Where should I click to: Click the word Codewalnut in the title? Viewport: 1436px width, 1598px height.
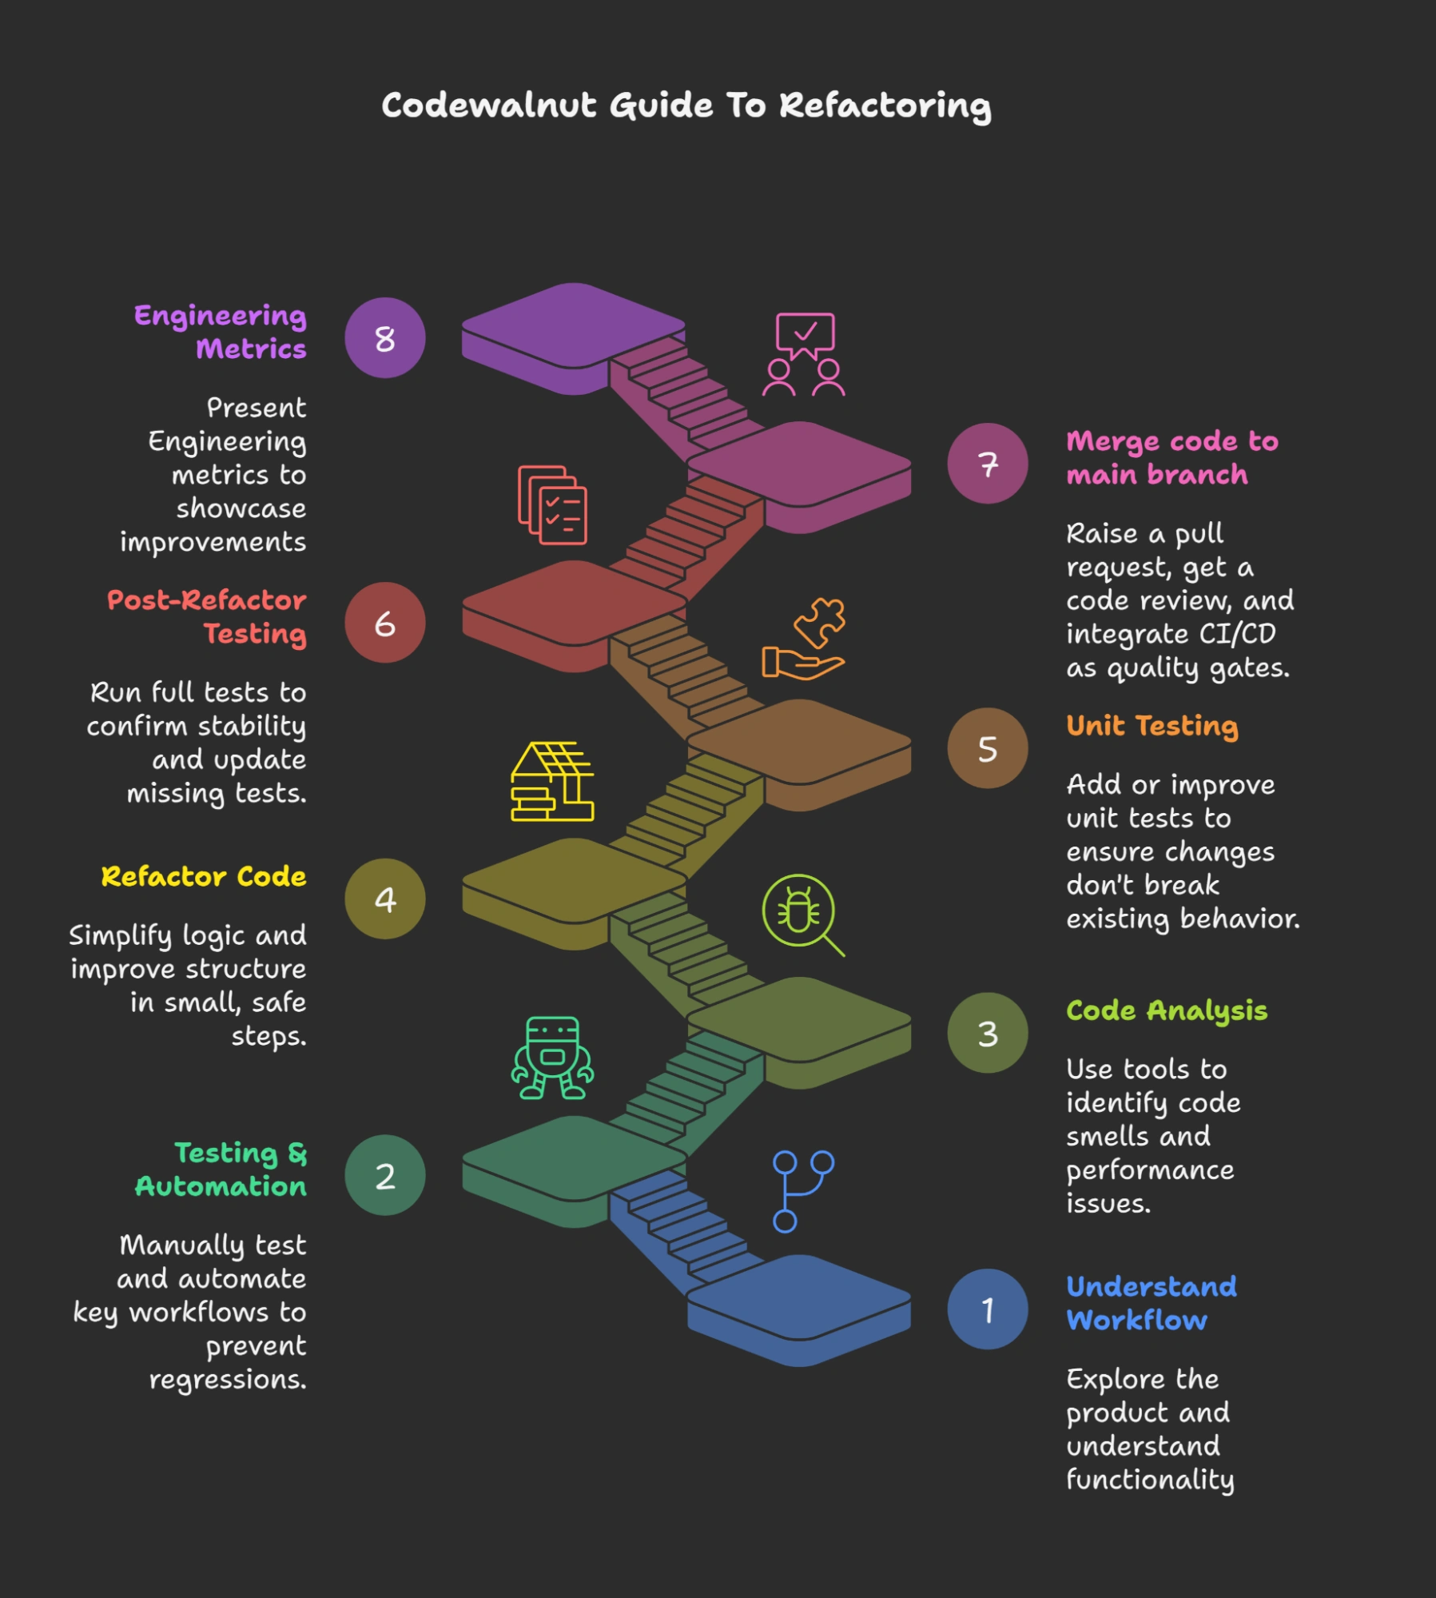click(489, 106)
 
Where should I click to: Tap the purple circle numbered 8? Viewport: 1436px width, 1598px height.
click(385, 338)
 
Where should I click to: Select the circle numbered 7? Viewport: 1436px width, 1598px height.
click(988, 464)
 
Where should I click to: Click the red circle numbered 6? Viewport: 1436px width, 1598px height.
click(385, 623)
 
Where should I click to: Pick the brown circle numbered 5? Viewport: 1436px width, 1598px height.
click(988, 748)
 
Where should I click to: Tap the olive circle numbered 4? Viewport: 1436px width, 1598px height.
click(385, 899)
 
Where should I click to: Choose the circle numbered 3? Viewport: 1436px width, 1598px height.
click(988, 1033)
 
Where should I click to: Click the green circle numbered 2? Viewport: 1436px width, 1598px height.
click(385, 1175)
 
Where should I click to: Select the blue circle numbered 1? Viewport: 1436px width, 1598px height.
click(988, 1309)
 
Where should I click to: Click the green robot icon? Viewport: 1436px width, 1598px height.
click(552, 1058)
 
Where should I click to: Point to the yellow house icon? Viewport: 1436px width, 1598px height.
click(552, 781)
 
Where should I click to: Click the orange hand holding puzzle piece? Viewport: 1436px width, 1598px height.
click(804, 639)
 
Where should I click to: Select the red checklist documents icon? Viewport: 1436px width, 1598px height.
click(552, 504)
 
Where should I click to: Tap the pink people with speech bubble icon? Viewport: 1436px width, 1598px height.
click(804, 354)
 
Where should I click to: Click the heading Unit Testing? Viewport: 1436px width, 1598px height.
click(1152, 726)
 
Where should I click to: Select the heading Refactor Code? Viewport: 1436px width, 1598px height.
click(204, 877)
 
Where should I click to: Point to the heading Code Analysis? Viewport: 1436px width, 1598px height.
click(1167, 1011)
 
